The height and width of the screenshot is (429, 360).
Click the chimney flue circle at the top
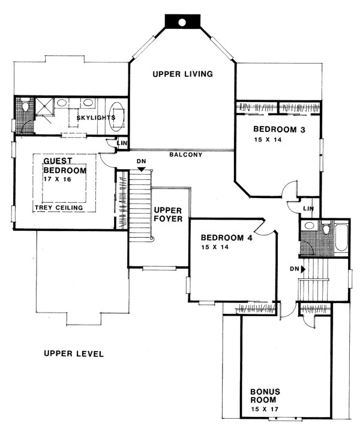click(182, 22)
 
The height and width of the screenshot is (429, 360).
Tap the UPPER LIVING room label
click(183, 74)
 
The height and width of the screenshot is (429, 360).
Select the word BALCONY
click(186, 155)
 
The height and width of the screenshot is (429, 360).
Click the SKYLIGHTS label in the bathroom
click(96, 118)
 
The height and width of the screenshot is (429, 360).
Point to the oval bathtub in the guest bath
click(116, 117)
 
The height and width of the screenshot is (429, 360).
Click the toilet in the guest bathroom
click(25, 106)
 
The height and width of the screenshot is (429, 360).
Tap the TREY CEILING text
click(59, 208)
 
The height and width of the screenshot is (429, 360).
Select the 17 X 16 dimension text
click(57, 179)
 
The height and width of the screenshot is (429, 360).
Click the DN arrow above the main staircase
click(141, 169)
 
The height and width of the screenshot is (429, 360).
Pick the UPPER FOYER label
click(168, 215)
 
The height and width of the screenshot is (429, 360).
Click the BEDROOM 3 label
click(279, 129)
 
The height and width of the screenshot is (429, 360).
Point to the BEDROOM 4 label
click(227, 238)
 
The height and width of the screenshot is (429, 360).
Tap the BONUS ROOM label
click(265, 395)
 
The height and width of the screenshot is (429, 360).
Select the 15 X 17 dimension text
click(265, 410)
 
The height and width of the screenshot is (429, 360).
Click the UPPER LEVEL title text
click(74, 354)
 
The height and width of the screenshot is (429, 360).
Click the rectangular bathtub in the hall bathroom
click(341, 238)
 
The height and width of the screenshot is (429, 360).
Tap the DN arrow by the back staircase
click(303, 269)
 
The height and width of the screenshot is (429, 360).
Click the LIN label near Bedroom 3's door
click(308, 209)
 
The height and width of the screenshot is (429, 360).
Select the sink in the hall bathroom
click(310, 226)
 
